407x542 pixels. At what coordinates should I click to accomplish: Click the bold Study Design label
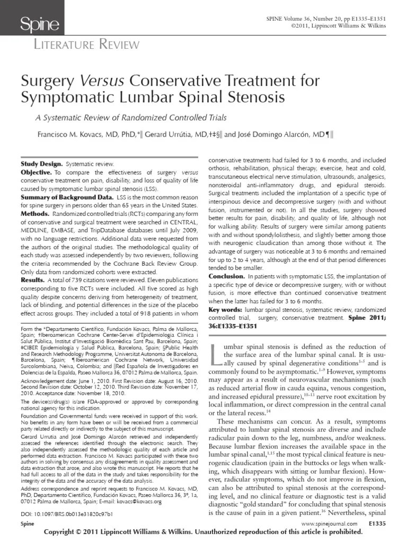coord(41,165)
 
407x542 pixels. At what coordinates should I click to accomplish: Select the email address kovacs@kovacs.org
coord(153,501)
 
